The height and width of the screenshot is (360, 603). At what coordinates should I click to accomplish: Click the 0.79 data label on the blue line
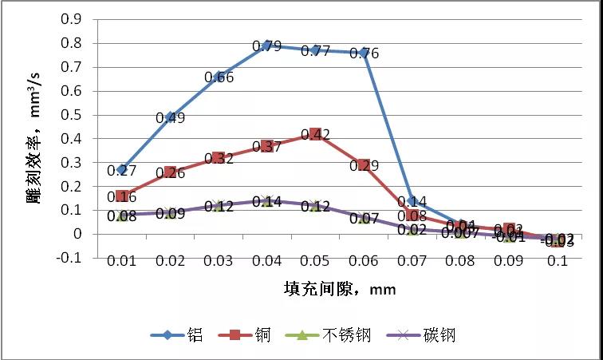click(267, 46)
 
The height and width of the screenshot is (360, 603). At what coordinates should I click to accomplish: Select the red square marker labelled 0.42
click(316, 135)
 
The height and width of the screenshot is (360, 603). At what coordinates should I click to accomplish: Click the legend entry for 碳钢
click(420, 335)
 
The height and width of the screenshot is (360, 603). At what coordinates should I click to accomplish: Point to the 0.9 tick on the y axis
click(72, 19)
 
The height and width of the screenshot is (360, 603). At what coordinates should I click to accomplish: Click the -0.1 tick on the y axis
click(70, 258)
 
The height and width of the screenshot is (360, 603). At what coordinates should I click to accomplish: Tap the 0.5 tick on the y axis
click(72, 114)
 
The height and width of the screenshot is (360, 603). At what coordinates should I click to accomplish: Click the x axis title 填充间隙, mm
click(340, 288)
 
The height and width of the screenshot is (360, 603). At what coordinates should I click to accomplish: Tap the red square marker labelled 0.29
click(364, 165)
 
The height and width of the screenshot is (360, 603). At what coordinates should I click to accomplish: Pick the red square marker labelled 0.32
click(219, 158)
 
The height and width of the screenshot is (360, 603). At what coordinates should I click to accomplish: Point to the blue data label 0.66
click(219, 77)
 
